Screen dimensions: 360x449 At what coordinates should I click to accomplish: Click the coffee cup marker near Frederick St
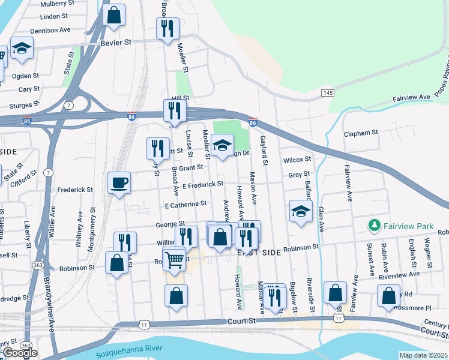coord(119,182)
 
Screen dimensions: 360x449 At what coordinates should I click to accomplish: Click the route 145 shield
coord(327,92)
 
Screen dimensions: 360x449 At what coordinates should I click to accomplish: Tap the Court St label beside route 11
coord(242,322)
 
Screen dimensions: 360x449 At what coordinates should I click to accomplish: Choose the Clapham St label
coord(361,132)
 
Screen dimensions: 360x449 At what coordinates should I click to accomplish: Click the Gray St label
coord(298,175)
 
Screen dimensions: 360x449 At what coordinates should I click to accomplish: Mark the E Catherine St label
coord(186,205)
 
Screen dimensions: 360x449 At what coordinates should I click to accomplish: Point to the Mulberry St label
coord(56,4)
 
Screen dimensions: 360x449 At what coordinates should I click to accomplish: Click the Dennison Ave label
coord(50,29)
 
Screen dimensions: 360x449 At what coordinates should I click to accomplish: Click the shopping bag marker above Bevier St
coord(113,14)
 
